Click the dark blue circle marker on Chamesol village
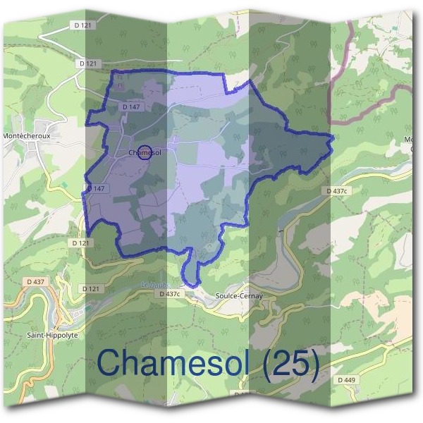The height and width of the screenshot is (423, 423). pyautogui.click(x=144, y=152)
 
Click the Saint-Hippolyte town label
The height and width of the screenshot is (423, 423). pyautogui.click(x=52, y=336)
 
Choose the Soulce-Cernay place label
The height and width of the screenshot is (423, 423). pyautogui.click(x=239, y=296)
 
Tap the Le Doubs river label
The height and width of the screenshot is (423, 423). pyautogui.click(x=152, y=286)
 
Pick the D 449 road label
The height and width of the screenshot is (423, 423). pyautogui.click(x=346, y=380)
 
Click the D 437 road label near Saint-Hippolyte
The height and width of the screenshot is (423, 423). pyautogui.click(x=36, y=282)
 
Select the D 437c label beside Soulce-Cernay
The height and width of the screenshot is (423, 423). pyautogui.click(x=171, y=293)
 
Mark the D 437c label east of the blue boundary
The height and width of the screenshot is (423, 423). pyautogui.click(x=338, y=191)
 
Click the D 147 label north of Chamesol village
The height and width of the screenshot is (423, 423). pyautogui.click(x=132, y=106)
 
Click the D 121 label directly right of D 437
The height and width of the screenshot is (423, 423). pyautogui.click(x=91, y=288)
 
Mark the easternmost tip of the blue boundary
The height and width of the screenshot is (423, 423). pyautogui.click(x=331, y=136)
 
